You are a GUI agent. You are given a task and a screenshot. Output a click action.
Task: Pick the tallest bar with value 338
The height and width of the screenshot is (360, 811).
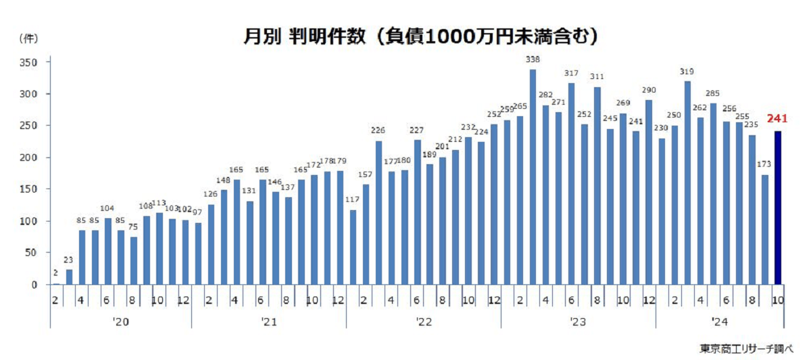533,177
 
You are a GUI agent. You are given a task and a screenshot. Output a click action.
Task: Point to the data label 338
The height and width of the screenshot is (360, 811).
533,60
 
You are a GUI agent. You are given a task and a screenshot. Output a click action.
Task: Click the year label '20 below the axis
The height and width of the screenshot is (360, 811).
121,323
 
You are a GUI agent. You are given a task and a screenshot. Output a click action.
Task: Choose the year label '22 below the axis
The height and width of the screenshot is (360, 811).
424,323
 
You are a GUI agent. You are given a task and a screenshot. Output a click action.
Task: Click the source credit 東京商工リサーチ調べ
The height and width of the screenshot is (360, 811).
747,349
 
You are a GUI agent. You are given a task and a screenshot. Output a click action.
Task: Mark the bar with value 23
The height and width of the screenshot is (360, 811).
69,277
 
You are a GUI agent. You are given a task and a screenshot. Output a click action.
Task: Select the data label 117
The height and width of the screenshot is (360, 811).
352,200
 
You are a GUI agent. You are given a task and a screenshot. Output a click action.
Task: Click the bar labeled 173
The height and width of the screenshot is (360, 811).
765,230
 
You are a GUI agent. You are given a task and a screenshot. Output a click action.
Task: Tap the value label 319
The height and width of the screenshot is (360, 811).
687,72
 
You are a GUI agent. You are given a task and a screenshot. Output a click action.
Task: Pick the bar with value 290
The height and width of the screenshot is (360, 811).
649,192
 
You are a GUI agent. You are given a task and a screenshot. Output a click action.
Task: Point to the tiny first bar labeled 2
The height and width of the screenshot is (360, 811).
56,284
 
